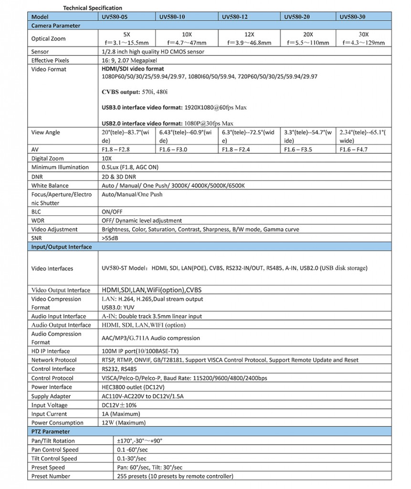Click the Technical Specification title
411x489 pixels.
(x=93, y=8)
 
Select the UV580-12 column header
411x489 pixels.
(x=235, y=17)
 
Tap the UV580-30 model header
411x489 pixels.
(x=352, y=17)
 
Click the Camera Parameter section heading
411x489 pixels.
(x=56, y=25)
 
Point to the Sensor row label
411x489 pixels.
(x=40, y=52)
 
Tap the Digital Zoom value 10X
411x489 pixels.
(x=107, y=159)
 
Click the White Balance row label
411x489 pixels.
(x=50, y=185)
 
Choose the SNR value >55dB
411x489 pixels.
(x=111, y=238)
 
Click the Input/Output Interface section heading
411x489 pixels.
(x=62, y=247)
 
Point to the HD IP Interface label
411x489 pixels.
(x=51, y=351)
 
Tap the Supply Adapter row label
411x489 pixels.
(x=51, y=396)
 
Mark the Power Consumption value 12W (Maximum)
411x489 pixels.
(x=126, y=423)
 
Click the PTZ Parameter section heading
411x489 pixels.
(x=50, y=432)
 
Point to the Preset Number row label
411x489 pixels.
(x=51, y=476)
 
